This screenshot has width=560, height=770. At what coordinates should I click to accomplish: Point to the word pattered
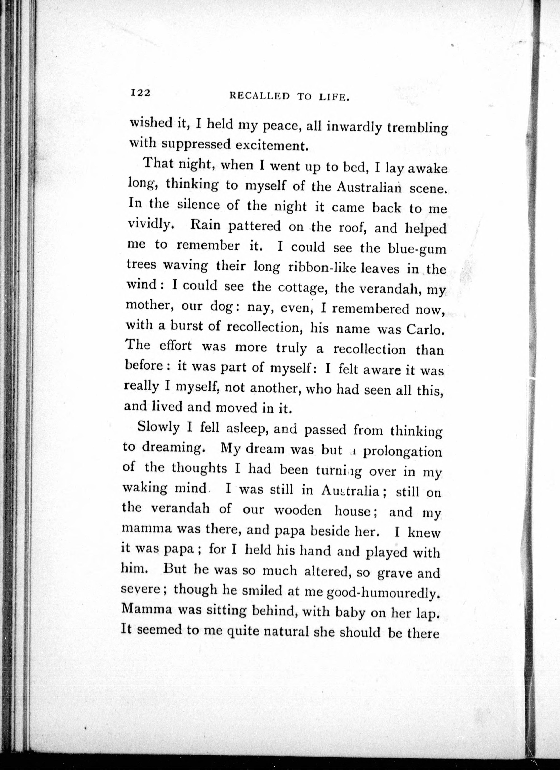coord(254,227)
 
